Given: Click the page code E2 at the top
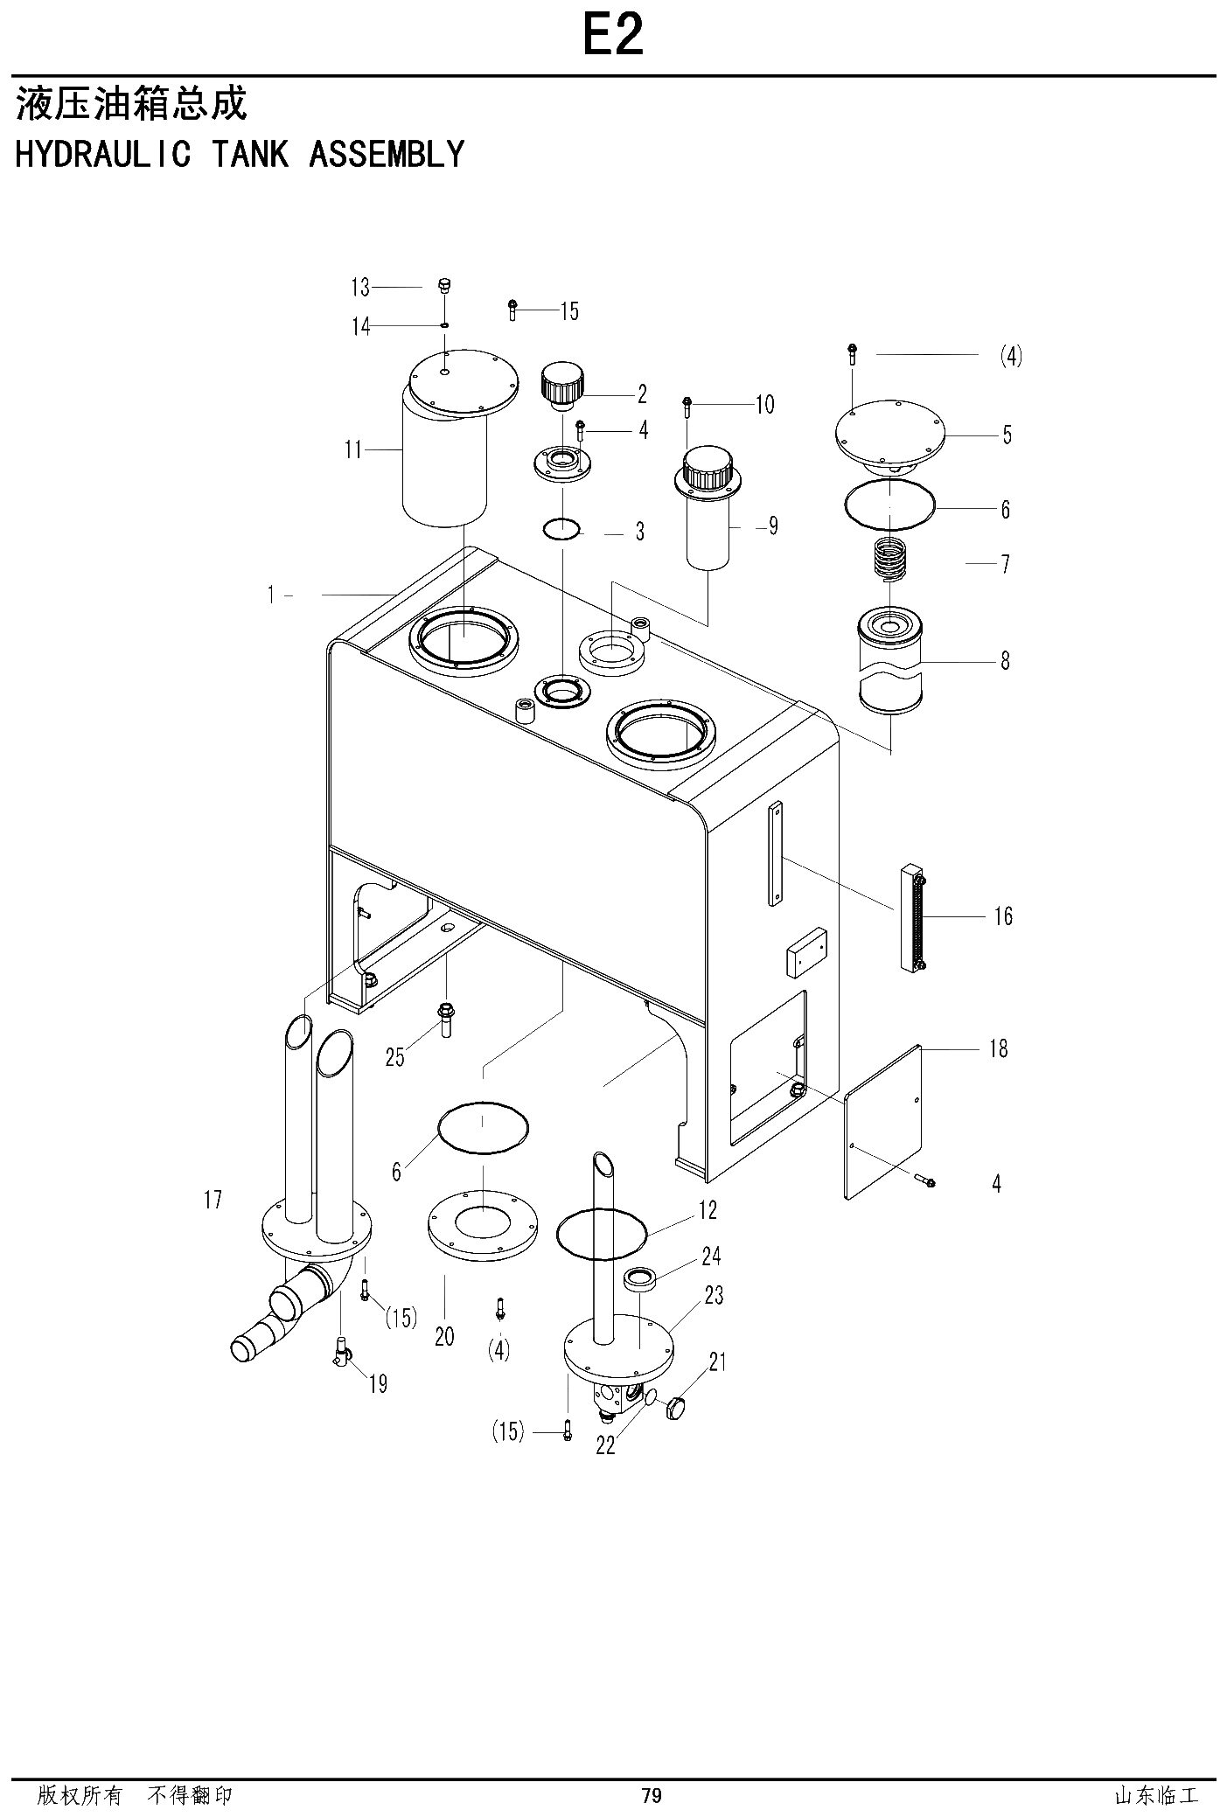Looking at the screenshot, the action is (x=614, y=36).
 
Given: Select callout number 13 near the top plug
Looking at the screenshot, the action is (x=360, y=287).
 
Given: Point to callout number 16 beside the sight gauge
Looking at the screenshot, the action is (x=1002, y=916).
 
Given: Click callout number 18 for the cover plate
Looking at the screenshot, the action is (x=998, y=1048).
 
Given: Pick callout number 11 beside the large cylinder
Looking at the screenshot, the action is (x=353, y=450).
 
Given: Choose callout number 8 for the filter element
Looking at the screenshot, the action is (x=1005, y=661).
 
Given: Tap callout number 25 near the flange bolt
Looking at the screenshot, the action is (x=395, y=1058).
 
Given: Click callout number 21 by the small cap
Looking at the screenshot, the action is (x=718, y=1361).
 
